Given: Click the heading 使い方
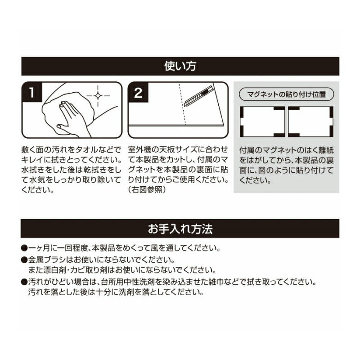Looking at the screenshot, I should coord(180,66).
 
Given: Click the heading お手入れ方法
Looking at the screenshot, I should coord(180,229).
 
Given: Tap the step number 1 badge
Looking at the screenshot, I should coord(31,92).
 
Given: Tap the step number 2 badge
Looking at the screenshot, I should coord(138,92).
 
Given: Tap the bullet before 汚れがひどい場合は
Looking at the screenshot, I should coord(24,282).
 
